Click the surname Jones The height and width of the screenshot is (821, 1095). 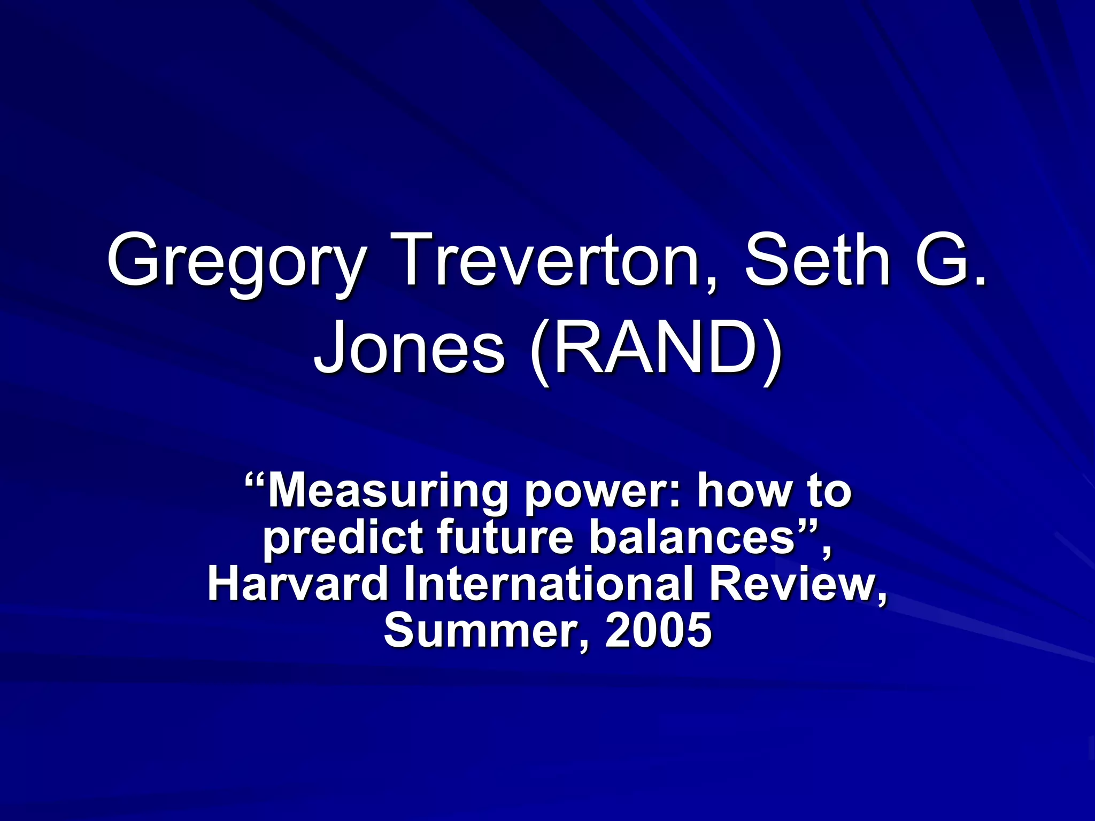pyautogui.click(x=409, y=348)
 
